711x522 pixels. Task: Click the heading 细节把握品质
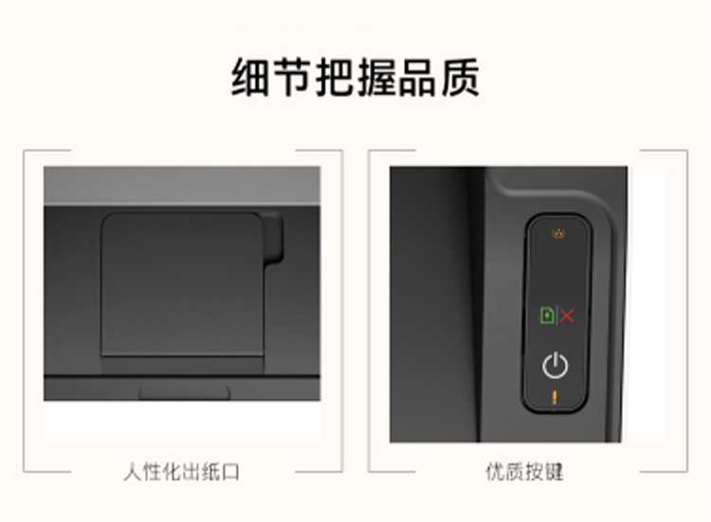[355, 77]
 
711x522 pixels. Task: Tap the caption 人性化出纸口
[181, 472]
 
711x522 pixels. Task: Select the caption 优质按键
[524, 472]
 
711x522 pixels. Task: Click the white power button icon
[555, 366]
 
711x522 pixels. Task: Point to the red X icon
[567, 315]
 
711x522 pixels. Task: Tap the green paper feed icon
[547, 315]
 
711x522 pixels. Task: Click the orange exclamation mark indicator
[555, 397]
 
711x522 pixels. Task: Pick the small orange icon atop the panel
[558, 233]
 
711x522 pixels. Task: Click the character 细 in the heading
[251, 77]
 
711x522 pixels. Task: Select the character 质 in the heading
[460, 77]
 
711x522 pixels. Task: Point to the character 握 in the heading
[376, 77]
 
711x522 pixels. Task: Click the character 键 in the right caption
[555, 472]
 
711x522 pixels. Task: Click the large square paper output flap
[182, 284]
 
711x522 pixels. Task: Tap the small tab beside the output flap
[273, 238]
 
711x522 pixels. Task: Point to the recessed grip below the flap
[185, 392]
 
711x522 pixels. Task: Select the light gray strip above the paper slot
[182, 186]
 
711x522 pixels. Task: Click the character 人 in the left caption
[133, 472]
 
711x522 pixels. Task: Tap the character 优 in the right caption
[495, 472]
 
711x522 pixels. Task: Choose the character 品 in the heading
[418, 77]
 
